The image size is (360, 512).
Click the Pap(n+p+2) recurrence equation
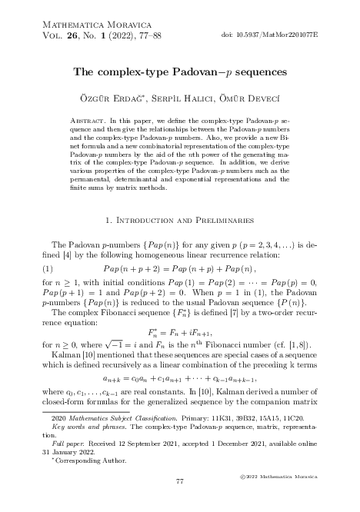(x=179, y=247)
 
